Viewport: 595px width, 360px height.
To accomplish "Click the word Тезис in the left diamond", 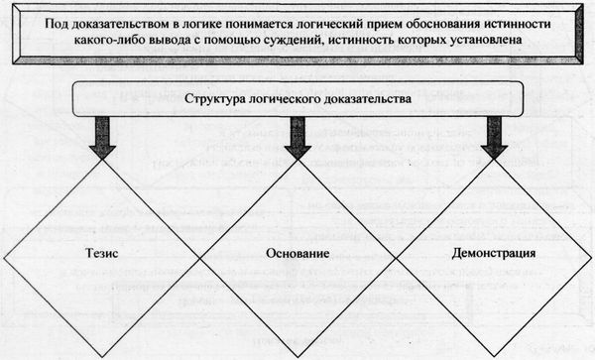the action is (x=99, y=253).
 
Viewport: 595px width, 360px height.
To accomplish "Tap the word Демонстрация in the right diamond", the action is (x=492, y=253).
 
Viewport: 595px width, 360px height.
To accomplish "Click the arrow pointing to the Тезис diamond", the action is (x=100, y=136).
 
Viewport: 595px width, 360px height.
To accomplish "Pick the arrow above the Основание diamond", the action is (x=297, y=136).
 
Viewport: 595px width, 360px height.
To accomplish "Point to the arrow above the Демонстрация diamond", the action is (x=493, y=136).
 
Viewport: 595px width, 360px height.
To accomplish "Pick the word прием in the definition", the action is (x=373, y=22).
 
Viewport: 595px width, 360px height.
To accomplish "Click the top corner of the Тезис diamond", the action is (x=100, y=159).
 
